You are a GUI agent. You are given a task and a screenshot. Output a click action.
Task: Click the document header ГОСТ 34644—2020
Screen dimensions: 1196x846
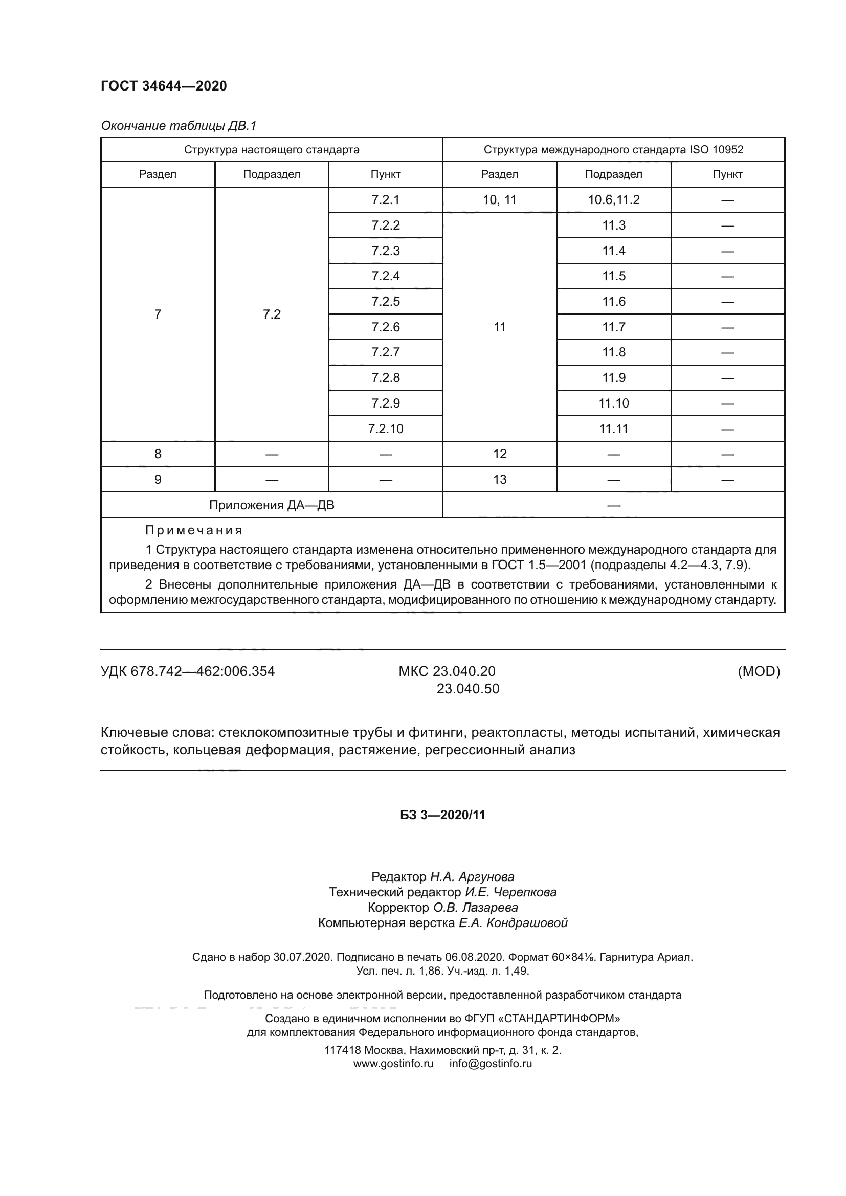tap(164, 86)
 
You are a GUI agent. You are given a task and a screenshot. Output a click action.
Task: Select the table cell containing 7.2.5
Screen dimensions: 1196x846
tap(386, 302)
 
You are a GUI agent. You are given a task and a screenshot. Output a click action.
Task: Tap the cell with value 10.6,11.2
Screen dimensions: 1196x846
tap(614, 200)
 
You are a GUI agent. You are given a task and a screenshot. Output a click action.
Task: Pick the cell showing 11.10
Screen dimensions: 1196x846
tap(614, 403)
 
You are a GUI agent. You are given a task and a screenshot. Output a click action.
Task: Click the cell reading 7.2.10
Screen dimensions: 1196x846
tap(386, 428)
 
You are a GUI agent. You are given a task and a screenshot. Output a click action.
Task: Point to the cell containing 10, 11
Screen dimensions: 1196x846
tap(499, 200)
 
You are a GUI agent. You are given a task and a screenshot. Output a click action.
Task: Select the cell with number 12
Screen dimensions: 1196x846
tap(499, 454)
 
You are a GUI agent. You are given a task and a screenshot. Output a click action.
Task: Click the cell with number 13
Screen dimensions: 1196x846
tap(499, 479)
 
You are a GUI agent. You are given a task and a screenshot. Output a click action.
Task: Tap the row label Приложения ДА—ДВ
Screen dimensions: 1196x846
tap(272, 505)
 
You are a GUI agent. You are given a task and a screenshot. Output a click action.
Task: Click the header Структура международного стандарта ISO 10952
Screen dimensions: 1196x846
tap(613, 150)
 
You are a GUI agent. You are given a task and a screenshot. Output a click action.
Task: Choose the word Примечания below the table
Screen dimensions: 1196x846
tap(194, 530)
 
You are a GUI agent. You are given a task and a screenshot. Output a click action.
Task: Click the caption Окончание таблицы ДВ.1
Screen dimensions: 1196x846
tap(179, 126)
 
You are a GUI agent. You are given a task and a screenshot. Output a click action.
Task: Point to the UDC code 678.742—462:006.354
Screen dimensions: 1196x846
tap(202, 671)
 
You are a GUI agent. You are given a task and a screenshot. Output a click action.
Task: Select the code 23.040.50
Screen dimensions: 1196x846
tap(467, 689)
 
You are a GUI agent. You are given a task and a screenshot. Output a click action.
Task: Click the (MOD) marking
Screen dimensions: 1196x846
tap(759, 671)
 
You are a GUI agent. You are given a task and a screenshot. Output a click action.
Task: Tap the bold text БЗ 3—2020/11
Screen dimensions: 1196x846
tap(442, 815)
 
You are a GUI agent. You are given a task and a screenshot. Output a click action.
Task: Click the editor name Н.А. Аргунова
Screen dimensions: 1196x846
tap(472, 877)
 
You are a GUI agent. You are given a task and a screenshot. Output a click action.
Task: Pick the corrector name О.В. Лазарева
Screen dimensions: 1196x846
tap(476, 908)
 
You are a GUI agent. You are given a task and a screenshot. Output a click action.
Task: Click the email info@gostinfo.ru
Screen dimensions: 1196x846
tap(490, 1064)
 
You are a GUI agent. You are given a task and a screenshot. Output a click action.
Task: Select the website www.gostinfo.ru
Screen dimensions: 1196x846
tap(393, 1064)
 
